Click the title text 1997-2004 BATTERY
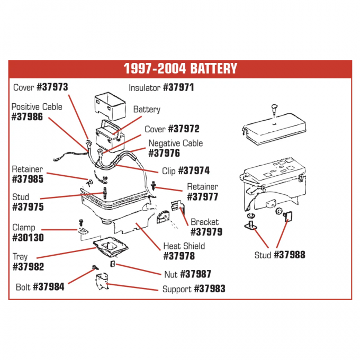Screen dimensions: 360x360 click(x=180, y=68)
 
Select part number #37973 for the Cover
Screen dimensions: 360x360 click(x=51, y=87)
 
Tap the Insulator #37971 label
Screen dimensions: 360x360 click(x=161, y=87)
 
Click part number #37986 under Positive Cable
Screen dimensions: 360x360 click(x=27, y=116)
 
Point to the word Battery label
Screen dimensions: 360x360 click(x=147, y=110)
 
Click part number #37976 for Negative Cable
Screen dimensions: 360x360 click(x=164, y=154)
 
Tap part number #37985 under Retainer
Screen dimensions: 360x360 click(x=27, y=179)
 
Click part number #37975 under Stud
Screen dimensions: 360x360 click(x=27, y=207)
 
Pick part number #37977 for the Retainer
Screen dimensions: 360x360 click(x=203, y=197)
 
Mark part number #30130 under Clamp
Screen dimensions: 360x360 click(x=27, y=238)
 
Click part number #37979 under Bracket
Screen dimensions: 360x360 click(x=206, y=232)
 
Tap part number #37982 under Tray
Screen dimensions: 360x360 click(x=27, y=267)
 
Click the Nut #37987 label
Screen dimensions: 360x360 click(x=187, y=274)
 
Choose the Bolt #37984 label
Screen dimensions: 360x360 click(x=40, y=287)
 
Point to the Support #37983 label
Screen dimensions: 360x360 click(x=193, y=289)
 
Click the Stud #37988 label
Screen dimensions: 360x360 click(x=280, y=255)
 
